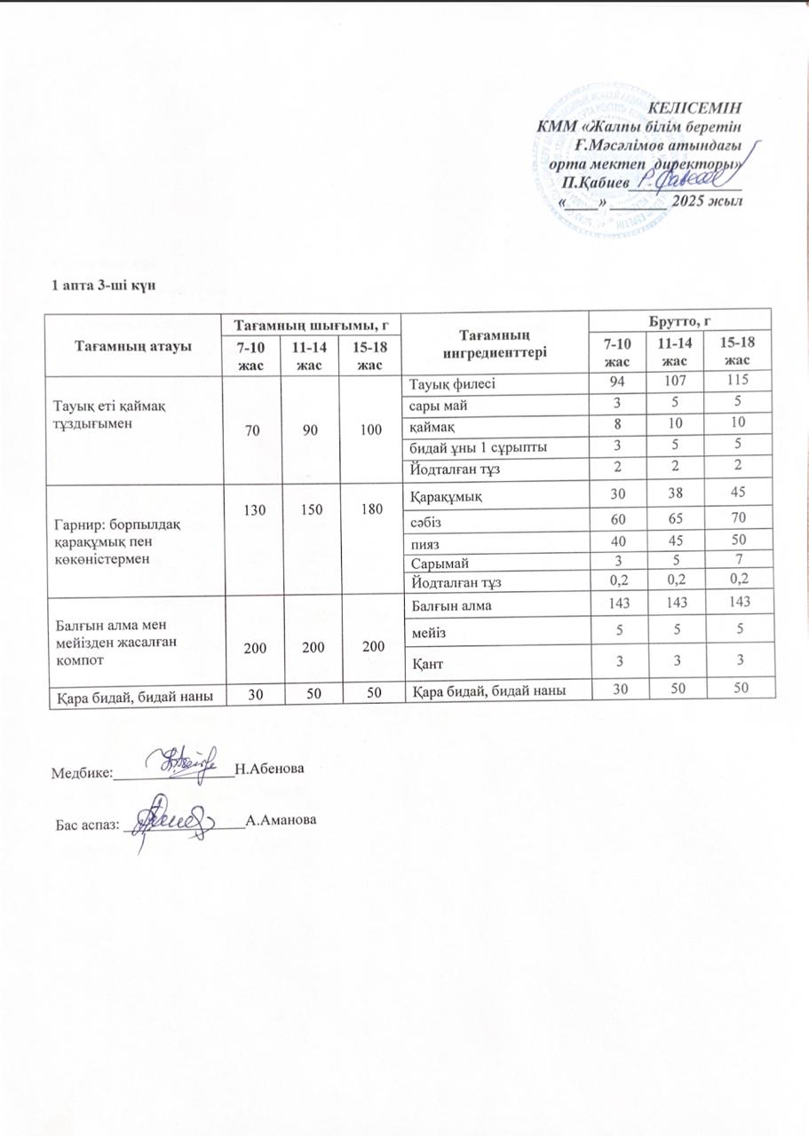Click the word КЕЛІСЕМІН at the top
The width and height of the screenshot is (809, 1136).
(x=695, y=108)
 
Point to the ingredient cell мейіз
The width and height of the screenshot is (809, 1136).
(x=426, y=631)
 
